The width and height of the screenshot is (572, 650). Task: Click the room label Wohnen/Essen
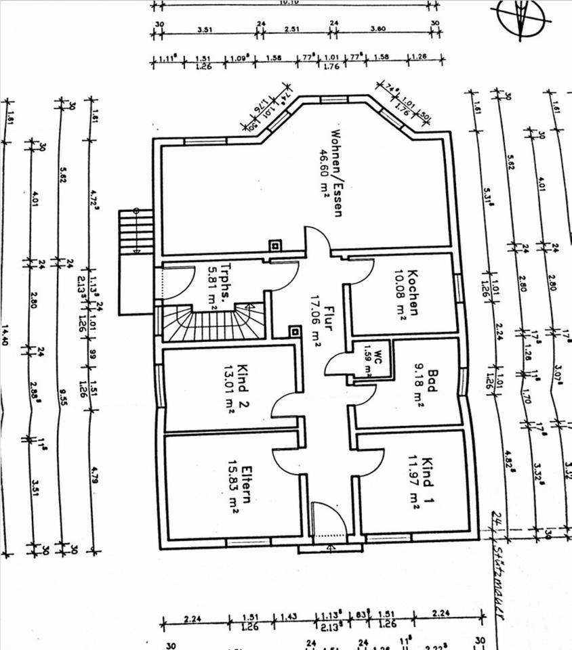click(337, 173)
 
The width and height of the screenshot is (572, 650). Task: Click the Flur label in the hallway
click(328, 316)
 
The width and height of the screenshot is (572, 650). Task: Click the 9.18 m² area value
click(419, 384)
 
